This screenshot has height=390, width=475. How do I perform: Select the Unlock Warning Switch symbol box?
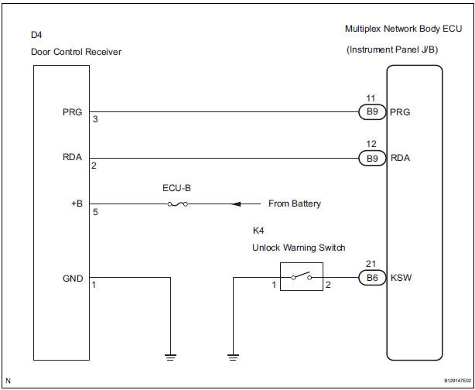[302, 277]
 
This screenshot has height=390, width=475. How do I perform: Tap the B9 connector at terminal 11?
[372, 111]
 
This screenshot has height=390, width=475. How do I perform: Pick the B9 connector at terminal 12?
[372, 159]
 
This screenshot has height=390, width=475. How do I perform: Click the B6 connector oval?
[372, 277]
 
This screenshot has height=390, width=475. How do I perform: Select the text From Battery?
[294, 204]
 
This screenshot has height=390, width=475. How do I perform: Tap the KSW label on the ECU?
[402, 277]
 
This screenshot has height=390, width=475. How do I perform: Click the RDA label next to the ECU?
[402, 159]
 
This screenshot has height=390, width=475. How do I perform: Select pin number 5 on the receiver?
[94, 211]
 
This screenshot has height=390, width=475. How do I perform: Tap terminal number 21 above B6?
[371, 264]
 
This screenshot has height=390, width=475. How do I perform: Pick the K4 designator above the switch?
[258, 231]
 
